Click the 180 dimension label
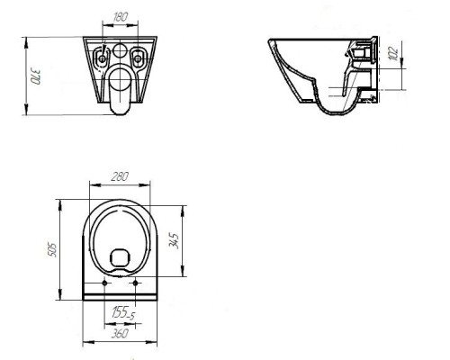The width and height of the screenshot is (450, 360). point(121,17)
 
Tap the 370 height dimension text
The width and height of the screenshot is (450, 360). point(34,77)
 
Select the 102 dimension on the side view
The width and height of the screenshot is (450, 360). point(394,54)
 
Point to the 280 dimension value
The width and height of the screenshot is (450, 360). point(120,176)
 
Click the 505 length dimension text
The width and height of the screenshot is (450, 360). point(52,249)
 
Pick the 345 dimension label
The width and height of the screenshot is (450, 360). point(174,241)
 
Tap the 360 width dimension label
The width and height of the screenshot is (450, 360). point(120,333)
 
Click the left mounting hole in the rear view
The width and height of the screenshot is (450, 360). point(102,58)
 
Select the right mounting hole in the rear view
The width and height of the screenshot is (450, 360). point(138,58)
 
